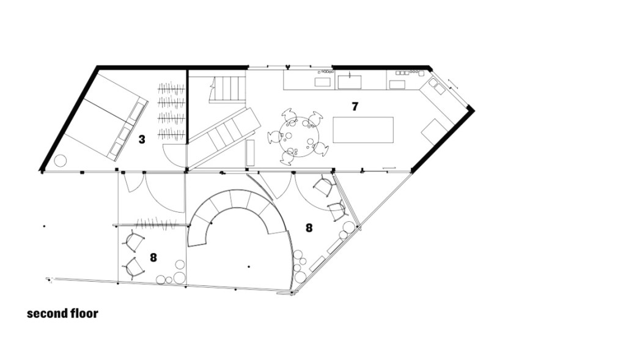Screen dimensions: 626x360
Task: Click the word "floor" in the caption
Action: coord(84,314)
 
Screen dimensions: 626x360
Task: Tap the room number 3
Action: coord(142,139)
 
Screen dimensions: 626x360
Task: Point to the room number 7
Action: coord(355,106)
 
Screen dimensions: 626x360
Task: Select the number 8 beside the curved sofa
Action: coord(309,228)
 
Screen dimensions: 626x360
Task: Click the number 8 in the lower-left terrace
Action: coord(153,258)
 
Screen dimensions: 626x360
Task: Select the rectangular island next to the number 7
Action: coord(363,130)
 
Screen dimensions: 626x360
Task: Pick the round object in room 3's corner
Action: coord(61,161)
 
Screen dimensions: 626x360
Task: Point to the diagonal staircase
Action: coord(224,138)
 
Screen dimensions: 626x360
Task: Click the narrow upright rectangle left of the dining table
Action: coord(250,153)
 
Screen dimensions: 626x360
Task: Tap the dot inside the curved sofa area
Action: coord(249,266)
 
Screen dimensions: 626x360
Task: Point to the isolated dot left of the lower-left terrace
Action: coord(44,226)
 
